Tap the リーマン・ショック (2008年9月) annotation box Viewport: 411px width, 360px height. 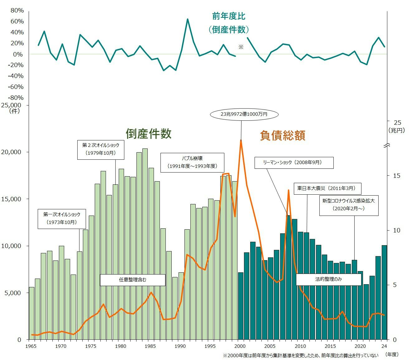[x=294, y=163]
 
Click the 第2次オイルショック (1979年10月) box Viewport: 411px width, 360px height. [x=101, y=149]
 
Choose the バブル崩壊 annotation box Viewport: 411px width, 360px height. [x=192, y=162]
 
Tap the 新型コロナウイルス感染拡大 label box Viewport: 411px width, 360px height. [x=349, y=205]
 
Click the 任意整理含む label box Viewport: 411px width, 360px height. [x=132, y=280]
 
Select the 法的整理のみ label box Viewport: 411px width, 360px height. [x=328, y=279]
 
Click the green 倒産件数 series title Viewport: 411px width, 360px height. [x=149, y=134]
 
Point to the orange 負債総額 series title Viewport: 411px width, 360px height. [x=283, y=135]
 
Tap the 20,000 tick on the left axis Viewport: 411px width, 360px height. [x=12, y=152]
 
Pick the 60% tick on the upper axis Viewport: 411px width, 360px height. [x=17, y=21]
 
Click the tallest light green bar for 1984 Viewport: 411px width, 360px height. [x=145, y=243]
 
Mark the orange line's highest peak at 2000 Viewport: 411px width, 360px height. [x=241, y=140]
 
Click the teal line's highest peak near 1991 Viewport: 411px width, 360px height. [x=188, y=19]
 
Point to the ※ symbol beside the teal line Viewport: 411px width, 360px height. [x=241, y=47]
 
